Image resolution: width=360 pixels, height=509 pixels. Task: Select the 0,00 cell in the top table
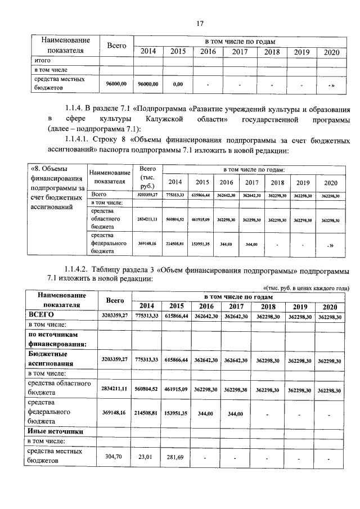pyautogui.click(x=178, y=84)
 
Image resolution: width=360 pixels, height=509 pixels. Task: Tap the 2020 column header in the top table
pyautogui.click(x=328, y=52)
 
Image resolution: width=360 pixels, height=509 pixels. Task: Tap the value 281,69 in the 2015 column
pyautogui.click(x=177, y=457)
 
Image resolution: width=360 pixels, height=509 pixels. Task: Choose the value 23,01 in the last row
pyautogui.click(x=146, y=457)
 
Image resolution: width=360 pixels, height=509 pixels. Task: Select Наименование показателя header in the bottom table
pyautogui.click(x=61, y=300)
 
